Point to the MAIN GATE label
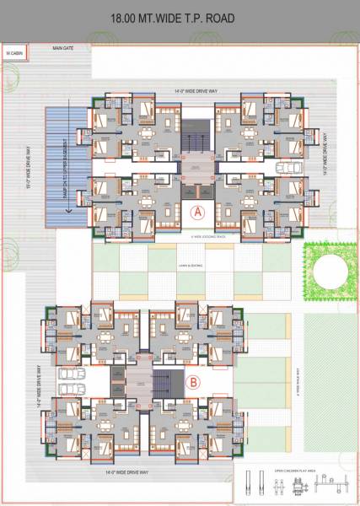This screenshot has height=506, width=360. [64, 49]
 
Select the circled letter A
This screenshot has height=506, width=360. [198, 213]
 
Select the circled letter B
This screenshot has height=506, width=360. [193, 382]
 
